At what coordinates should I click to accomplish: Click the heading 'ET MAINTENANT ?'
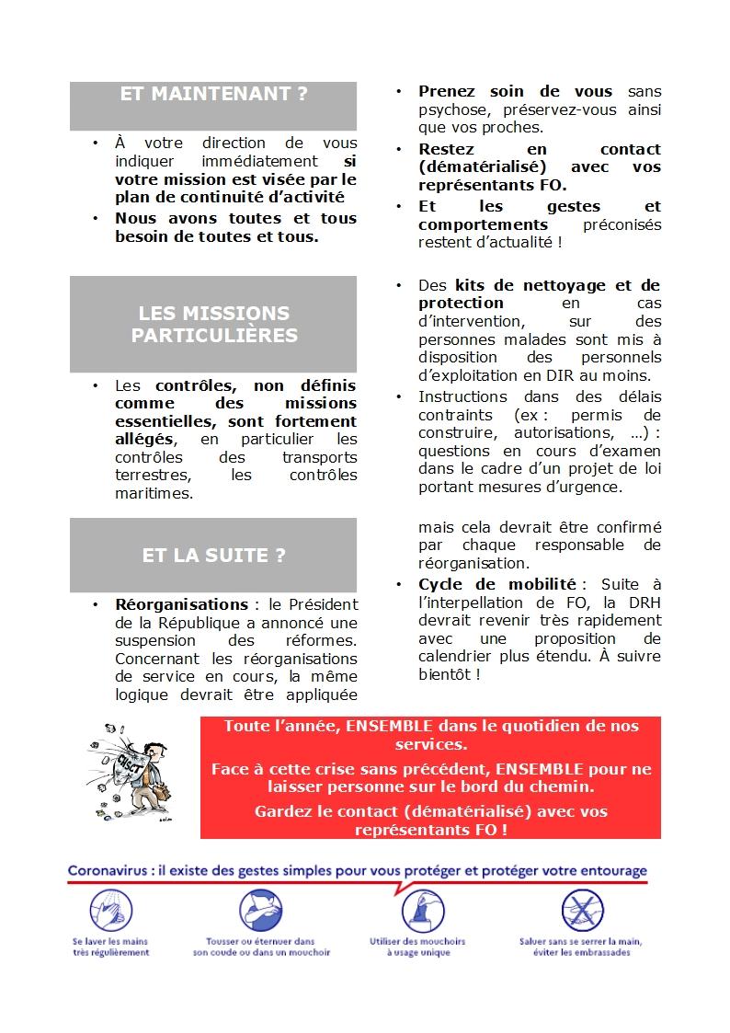click(213, 94)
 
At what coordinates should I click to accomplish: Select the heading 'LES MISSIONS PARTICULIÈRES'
click(213, 324)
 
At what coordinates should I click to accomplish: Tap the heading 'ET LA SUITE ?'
click(213, 556)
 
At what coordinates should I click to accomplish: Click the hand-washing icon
click(110, 912)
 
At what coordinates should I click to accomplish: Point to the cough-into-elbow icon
click(261, 912)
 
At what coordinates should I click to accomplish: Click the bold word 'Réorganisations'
click(181, 604)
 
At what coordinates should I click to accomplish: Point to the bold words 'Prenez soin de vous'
click(515, 91)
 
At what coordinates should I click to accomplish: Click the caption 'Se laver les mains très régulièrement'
click(110, 947)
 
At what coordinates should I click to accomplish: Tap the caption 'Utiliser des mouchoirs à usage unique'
click(417, 947)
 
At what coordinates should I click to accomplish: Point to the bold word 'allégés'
click(143, 439)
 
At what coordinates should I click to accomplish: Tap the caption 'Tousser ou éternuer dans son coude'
click(261, 947)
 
